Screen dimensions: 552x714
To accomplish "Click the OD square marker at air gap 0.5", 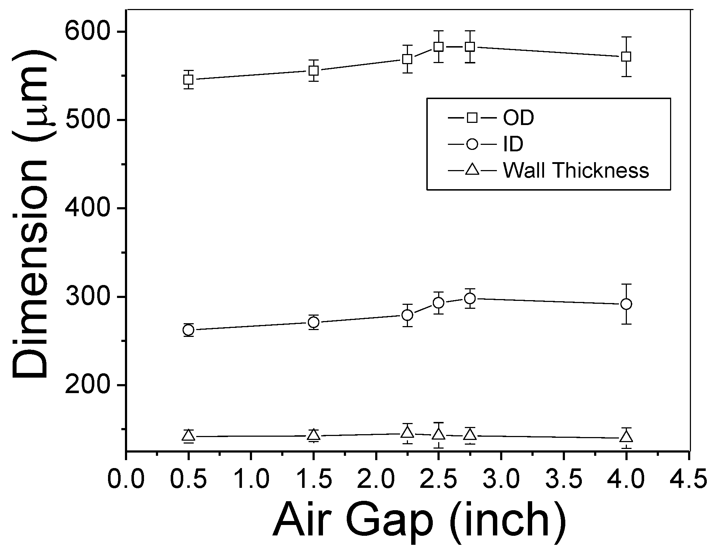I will pyautogui.click(x=188, y=80).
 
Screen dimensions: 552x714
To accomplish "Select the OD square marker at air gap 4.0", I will pyautogui.click(x=626, y=57).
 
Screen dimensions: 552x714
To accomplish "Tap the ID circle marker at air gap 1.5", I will pyautogui.click(x=314, y=322).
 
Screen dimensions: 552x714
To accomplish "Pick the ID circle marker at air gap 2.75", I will pyautogui.click(x=470, y=298).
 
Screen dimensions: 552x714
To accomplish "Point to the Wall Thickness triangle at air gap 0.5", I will pyautogui.click(x=188, y=436).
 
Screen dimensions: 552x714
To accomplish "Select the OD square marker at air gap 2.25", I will pyautogui.click(x=407, y=59).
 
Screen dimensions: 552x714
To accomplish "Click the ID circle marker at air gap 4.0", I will pyautogui.click(x=626, y=304).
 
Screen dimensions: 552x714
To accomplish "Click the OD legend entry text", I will pyautogui.click(x=518, y=118).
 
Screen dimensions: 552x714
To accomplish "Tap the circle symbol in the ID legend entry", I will pyautogui.click(x=472, y=144).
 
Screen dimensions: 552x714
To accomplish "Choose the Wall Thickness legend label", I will pyautogui.click(x=575, y=170).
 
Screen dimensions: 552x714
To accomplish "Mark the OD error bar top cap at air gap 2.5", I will pyautogui.click(x=438, y=31).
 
